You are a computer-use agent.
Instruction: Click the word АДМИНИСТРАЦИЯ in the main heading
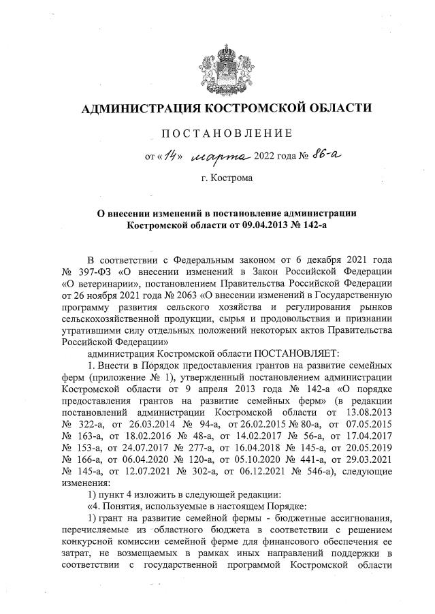point(133,108)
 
